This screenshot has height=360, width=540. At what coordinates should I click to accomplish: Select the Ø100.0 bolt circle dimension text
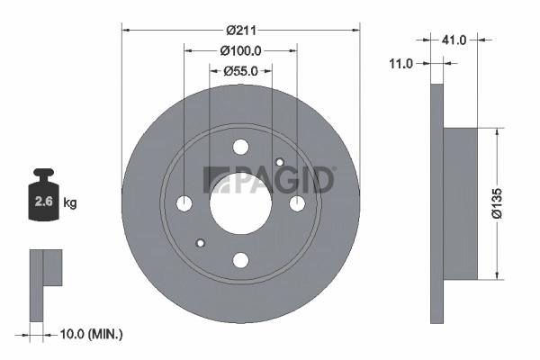click(x=241, y=51)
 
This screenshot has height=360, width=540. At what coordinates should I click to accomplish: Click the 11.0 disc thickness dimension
click(x=400, y=64)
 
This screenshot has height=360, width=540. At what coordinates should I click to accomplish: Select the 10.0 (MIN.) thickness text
click(x=90, y=334)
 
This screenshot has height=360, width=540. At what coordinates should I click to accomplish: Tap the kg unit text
click(x=70, y=203)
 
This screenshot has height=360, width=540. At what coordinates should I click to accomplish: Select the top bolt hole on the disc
click(x=240, y=148)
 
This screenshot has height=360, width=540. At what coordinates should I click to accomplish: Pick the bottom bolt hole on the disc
click(x=240, y=260)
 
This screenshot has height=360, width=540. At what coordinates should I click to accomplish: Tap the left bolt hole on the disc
click(x=184, y=204)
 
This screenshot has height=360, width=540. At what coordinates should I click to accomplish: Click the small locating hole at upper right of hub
click(x=280, y=163)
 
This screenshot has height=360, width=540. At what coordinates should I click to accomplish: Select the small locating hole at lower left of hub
click(x=201, y=244)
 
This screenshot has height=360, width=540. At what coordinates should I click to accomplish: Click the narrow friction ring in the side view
click(x=437, y=203)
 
